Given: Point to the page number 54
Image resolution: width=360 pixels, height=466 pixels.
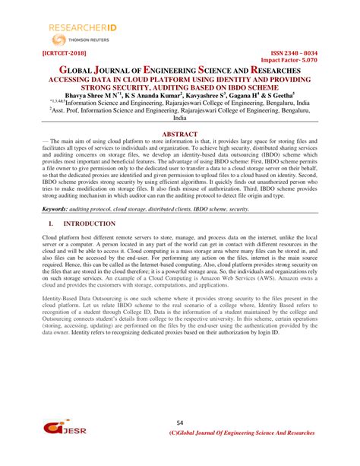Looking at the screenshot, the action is click(x=180, y=422).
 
